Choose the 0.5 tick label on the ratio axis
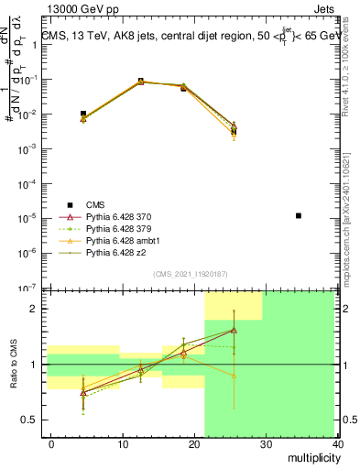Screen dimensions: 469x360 [x=29, y=420]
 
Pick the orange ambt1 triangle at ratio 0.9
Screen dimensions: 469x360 [x=234, y=376]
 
